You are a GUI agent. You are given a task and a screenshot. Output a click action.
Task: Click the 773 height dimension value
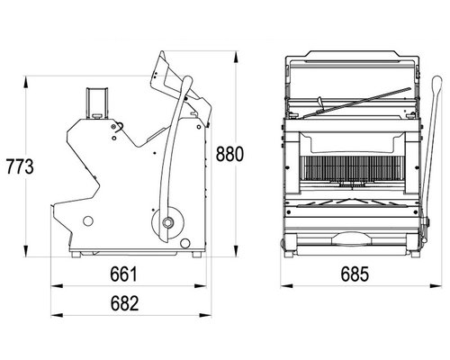20,166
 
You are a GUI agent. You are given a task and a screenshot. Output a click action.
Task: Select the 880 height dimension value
229,154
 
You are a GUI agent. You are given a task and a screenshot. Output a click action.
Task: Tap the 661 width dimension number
123,274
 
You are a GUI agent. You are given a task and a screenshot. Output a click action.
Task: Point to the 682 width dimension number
124,303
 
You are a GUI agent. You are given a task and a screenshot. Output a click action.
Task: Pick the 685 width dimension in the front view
355,274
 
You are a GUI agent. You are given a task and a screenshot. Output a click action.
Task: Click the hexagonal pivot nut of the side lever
166,222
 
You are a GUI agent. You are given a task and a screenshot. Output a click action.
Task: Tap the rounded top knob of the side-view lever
187,80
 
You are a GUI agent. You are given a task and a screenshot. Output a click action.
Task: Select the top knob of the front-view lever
436,82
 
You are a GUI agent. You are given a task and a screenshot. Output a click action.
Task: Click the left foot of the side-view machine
76,255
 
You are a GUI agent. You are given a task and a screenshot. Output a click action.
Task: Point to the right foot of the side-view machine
197,255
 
